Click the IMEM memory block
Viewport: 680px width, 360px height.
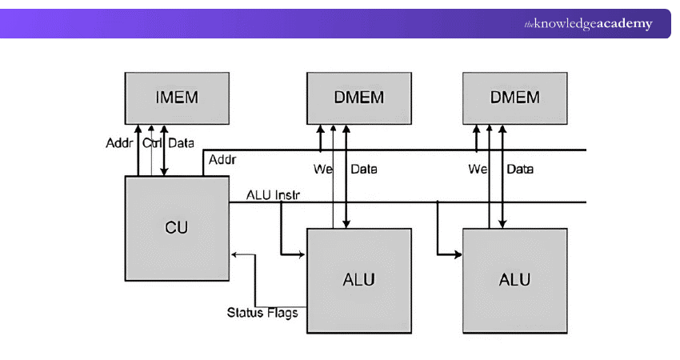click(176, 98)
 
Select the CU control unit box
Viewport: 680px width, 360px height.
click(176, 227)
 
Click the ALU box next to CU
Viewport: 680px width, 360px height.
click(358, 280)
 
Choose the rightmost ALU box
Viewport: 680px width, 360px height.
click(514, 280)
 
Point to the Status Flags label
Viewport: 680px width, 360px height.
click(262, 312)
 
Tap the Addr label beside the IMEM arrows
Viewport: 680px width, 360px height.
click(119, 144)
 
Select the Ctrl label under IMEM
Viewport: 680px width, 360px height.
click(152, 144)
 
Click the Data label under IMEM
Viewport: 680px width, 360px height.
click(181, 144)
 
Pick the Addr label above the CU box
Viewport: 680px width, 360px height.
click(222, 161)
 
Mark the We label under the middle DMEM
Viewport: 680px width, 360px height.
click(321, 169)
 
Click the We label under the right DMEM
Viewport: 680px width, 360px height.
click(478, 169)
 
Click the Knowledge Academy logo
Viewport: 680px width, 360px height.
click(588, 24)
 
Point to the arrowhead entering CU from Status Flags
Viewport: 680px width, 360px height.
click(234, 255)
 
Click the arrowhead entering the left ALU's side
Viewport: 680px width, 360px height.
click(303, 255)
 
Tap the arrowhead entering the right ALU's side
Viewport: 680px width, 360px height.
click(459, 255)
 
